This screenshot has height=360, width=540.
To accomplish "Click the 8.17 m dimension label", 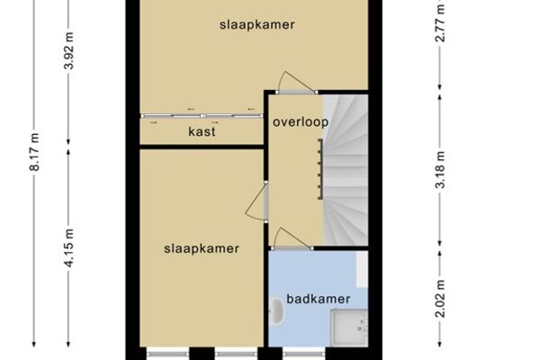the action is point(34,151).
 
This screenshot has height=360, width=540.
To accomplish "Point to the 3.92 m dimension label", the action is point(69,50).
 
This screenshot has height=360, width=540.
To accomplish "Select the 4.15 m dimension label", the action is point(69,247).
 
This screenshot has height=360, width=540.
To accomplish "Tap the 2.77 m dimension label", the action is point(440,23).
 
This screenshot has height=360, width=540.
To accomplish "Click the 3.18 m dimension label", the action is point(440,170).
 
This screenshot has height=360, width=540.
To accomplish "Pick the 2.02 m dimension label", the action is point(440,298).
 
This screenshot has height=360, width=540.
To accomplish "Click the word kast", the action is point(202,131).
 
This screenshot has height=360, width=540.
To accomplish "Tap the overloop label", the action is point(301,121).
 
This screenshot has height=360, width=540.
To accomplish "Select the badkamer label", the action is point(319,299).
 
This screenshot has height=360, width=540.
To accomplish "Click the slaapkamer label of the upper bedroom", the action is point(257,25).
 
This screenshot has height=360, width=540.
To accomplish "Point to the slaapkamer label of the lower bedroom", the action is point(202,248).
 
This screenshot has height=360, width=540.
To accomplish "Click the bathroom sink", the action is point(276,311).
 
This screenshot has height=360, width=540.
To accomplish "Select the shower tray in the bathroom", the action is point(349,328).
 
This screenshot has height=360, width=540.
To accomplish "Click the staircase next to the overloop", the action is point(346,170).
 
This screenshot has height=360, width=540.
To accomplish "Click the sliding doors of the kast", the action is point(202,116).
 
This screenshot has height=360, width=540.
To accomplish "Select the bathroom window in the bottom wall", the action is point(304,354).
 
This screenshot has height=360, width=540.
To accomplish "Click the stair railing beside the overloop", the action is point(320,169).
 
